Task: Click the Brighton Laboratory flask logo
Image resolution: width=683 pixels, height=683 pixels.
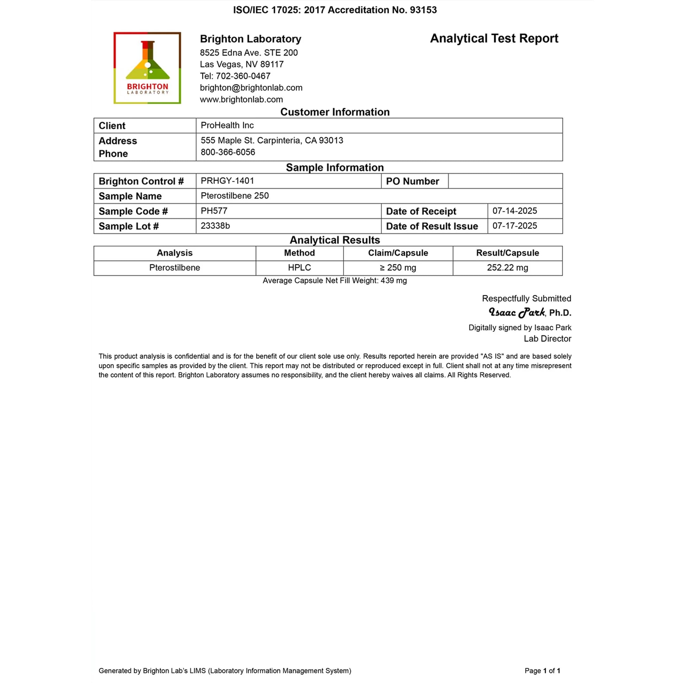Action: pyautogui.click(x=147, y=68)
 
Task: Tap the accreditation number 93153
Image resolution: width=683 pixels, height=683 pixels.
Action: pyautogui.click(x=423, y=10)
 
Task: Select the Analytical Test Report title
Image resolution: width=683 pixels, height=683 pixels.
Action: pyautogui.click(x=494, y=39)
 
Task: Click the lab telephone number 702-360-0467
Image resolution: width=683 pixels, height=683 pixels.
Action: pyautogui.click(x=243, y=76)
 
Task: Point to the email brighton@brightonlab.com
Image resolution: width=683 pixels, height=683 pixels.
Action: pyautogui.click(x=251, y=88)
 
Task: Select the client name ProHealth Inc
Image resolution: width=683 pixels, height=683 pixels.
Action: pyautogui.click(x=227, y=125)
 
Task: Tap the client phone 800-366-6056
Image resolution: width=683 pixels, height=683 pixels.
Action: pyautogui.click(x=228, y=152)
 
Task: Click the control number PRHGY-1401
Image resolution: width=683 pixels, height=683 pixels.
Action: pyautogui.click(x=227, y=181)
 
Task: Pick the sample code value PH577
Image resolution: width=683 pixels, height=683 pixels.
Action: pyautogui.click(x=214, y=211)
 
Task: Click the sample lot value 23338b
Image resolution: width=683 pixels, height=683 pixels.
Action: pyautogui.click(x=215, y=225)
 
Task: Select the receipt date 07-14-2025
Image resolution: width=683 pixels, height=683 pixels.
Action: pyautogui.click(x=514, y=211)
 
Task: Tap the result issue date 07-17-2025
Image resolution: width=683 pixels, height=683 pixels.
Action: pyautogui.click(x=514, y=225)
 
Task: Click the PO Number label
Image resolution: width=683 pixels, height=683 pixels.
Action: pyautogui.click(x=412, y=181)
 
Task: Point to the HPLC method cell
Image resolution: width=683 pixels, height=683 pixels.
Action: pyautogui.click(x=299, y=268)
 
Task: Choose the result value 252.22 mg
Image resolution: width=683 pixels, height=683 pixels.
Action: pyautogui.click(x=507, y=268)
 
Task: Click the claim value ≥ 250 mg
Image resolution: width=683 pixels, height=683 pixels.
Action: pyautogui.click(x=398, y=268)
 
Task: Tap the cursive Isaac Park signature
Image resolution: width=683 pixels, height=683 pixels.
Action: pyautogui.click(x=516, y=312)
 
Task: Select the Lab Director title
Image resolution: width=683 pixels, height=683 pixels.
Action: pyautogui.click(x=547, y=339)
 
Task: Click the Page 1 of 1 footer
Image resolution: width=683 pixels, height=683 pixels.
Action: pyautogui.click(x=542, y=671)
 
